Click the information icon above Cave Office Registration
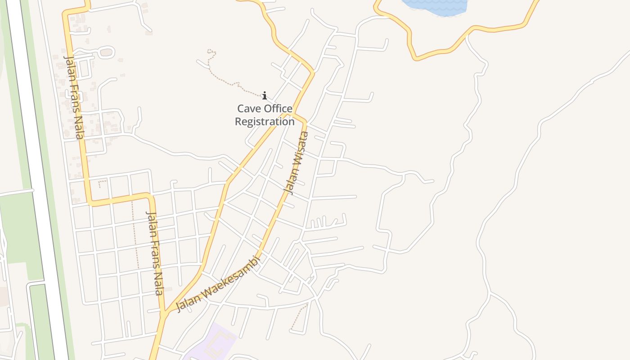tap(265, 95)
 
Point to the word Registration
tap(265, 121)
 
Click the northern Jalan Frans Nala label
tap(75, 97)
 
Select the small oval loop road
tap(106, 53)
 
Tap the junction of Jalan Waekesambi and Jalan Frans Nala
tap(165, 312)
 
